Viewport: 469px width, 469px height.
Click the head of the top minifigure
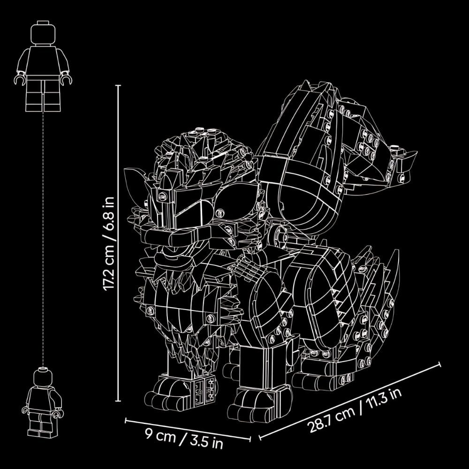point(43,33)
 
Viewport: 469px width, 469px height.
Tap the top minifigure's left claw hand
point(20,79)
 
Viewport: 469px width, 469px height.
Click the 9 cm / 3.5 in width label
point(184,439)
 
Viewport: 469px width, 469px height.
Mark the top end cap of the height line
point(119,85)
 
